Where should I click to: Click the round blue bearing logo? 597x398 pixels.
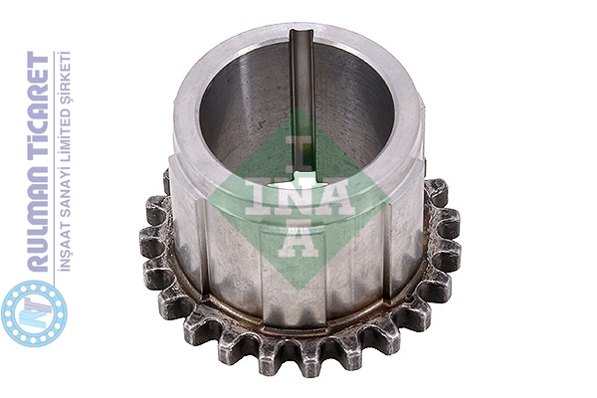(x=34, y=313)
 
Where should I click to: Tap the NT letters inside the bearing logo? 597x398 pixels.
(x=34, y=313)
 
